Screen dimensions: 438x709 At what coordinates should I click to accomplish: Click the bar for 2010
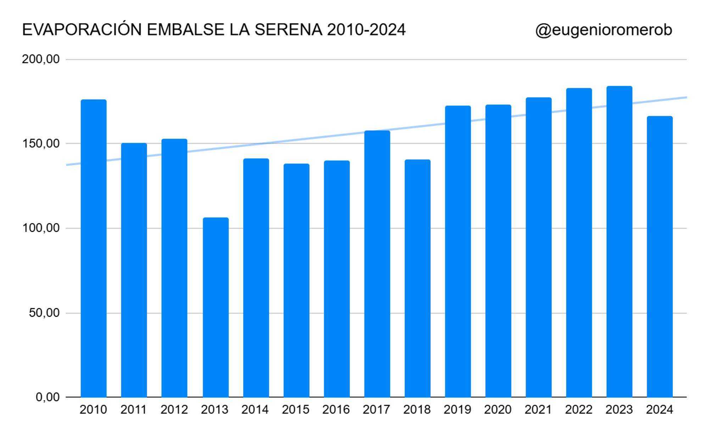(94, 248)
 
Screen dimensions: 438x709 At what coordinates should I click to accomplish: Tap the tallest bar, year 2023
(619, 242)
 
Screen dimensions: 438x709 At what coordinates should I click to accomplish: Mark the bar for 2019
(458, 251)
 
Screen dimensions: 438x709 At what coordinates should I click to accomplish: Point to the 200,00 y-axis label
(41, 59)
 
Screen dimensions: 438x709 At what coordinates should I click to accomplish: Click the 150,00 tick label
(41, 144)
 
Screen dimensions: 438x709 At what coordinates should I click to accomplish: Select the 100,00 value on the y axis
(41, 228)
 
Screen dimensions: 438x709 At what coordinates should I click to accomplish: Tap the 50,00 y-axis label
(44, 313)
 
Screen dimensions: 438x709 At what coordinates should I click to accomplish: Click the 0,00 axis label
(48, 397)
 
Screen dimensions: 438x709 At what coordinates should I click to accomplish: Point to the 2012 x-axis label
(174, 410)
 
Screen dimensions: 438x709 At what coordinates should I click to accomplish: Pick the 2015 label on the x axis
(296, 410)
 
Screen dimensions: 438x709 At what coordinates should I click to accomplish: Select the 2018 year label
(417, 410)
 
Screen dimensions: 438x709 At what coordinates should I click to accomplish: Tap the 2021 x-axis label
(538, 410)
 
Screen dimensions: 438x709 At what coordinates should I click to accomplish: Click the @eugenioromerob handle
(604, 30)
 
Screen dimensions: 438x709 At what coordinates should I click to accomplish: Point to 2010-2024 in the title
(366, 30)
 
